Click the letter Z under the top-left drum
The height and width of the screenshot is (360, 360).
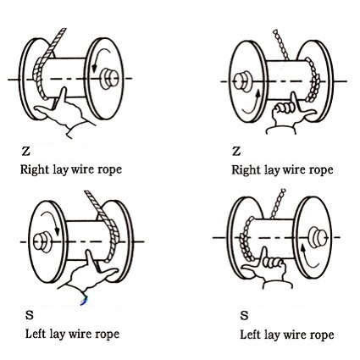coord(26,151)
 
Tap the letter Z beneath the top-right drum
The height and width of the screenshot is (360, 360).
coord(236,151)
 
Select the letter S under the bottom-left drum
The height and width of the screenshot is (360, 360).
coord(30,315)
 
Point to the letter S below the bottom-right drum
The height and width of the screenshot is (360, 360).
coord(244,315)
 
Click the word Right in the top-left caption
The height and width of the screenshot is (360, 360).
coord(35,169)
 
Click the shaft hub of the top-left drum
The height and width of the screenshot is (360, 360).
coord(108,80)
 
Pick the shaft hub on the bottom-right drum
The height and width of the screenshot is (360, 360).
coord(317,236)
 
